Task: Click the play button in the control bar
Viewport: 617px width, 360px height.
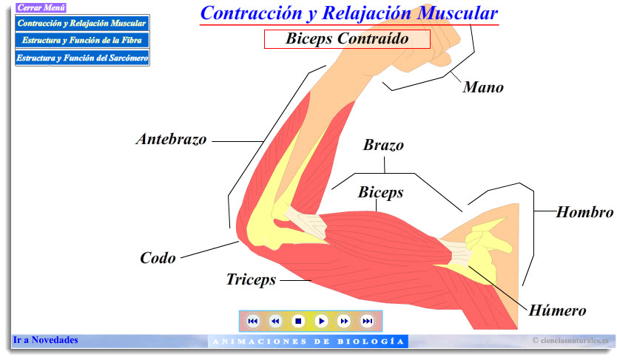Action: pyautogui.click(x=321, y=321)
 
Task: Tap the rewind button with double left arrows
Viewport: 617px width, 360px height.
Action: pyautogui.click(x=275, y=321)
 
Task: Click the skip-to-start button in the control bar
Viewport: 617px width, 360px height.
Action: pyautogui.click(x=252, y=321)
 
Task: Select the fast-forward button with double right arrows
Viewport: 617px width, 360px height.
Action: pyautogui.click(x=344, y=321)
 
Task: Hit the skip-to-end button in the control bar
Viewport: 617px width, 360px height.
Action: pyautogui.click(x=367, y=321)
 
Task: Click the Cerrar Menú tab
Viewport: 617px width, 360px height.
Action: pyautogui.click(x=41, y=8)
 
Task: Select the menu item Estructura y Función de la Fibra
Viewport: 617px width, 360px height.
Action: pyautogui.click(x=82, y=40)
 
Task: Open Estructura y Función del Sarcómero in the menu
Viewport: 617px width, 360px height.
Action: pyautogui.click(x=82, y=57)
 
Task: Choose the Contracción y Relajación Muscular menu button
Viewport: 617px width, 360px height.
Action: pyautogui.click(x=82, y=23)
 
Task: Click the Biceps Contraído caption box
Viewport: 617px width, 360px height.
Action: pyautogui.click(x=347, y=39)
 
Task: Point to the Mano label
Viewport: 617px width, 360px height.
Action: pyautogui.click(x=483, y=87)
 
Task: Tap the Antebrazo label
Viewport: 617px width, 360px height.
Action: pyautogui.click(x=172, y=139)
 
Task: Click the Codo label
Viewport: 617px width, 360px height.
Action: pyautogui.click(x=158, y=258)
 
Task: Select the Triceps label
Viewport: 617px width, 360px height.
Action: pyautogui.click(x=251, y=279)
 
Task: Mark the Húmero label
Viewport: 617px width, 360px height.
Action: pyautogui.click(x=557, y=310)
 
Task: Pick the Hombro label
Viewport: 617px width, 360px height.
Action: pyautogui.click(x=584, y=213)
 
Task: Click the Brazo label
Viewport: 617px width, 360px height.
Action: pyautogui.click(x=383, y=145)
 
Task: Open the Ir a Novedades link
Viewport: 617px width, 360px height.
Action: pyautogui.click(x=45, y=341)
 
